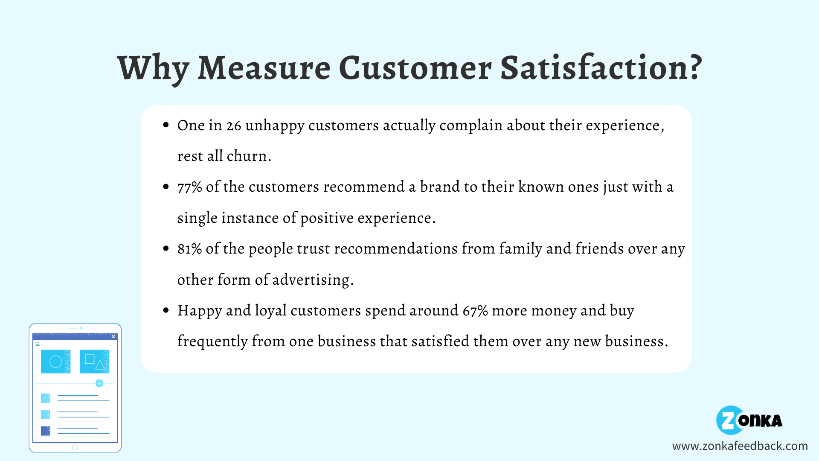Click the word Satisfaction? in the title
point(601,68)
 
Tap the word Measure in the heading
point(264,68)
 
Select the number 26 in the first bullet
point(233,125)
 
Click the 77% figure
point(189,187)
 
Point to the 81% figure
point(189,249)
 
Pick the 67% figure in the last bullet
point(475,311)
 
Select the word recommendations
point(395,249)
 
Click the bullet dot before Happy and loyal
point(166,310)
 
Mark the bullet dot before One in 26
point(166,125)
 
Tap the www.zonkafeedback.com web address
point(740,446)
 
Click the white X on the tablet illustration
point(113,336)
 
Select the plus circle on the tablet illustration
point(99,383)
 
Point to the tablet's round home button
point(75,447)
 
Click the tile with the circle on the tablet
point(55,362)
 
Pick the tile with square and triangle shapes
point(94,362)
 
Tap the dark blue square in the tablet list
point(46,431)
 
